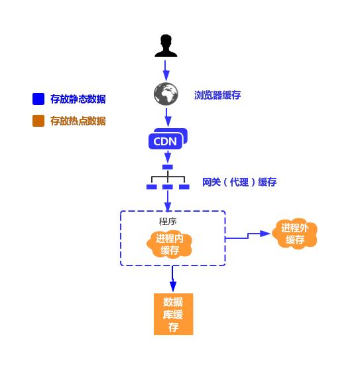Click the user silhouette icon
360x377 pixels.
click(166, 46)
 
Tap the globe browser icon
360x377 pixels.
click(166, 94)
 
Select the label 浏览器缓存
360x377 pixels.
click(217, 95)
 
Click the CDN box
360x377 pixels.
click(167, 139)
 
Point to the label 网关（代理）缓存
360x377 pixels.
click(239, 182)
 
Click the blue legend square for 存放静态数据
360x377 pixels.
click(38, 100)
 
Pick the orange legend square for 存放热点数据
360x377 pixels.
click(38, 121)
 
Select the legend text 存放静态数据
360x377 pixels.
click(78, 100)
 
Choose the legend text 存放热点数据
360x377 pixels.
click(78, 121)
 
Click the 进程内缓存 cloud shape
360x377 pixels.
click(170, 244)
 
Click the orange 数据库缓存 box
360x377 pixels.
click(173, 314)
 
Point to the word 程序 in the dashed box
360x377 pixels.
click(168, 221)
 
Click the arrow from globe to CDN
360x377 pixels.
click(168, 117)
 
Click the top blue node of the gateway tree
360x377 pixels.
click(168, 167)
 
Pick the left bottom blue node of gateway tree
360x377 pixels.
click(152, 187)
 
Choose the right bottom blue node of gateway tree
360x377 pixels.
click(184, 187)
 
